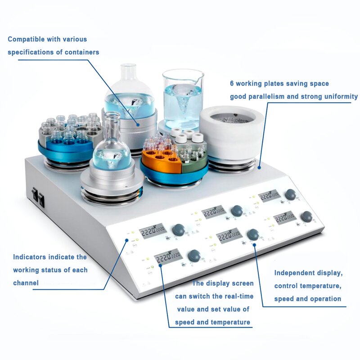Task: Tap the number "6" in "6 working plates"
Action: (232, 84)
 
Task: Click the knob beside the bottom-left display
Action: (194, 256)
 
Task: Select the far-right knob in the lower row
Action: (306, 216)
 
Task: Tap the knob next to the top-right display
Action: (291, 194)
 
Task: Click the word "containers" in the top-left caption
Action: (81, 52)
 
